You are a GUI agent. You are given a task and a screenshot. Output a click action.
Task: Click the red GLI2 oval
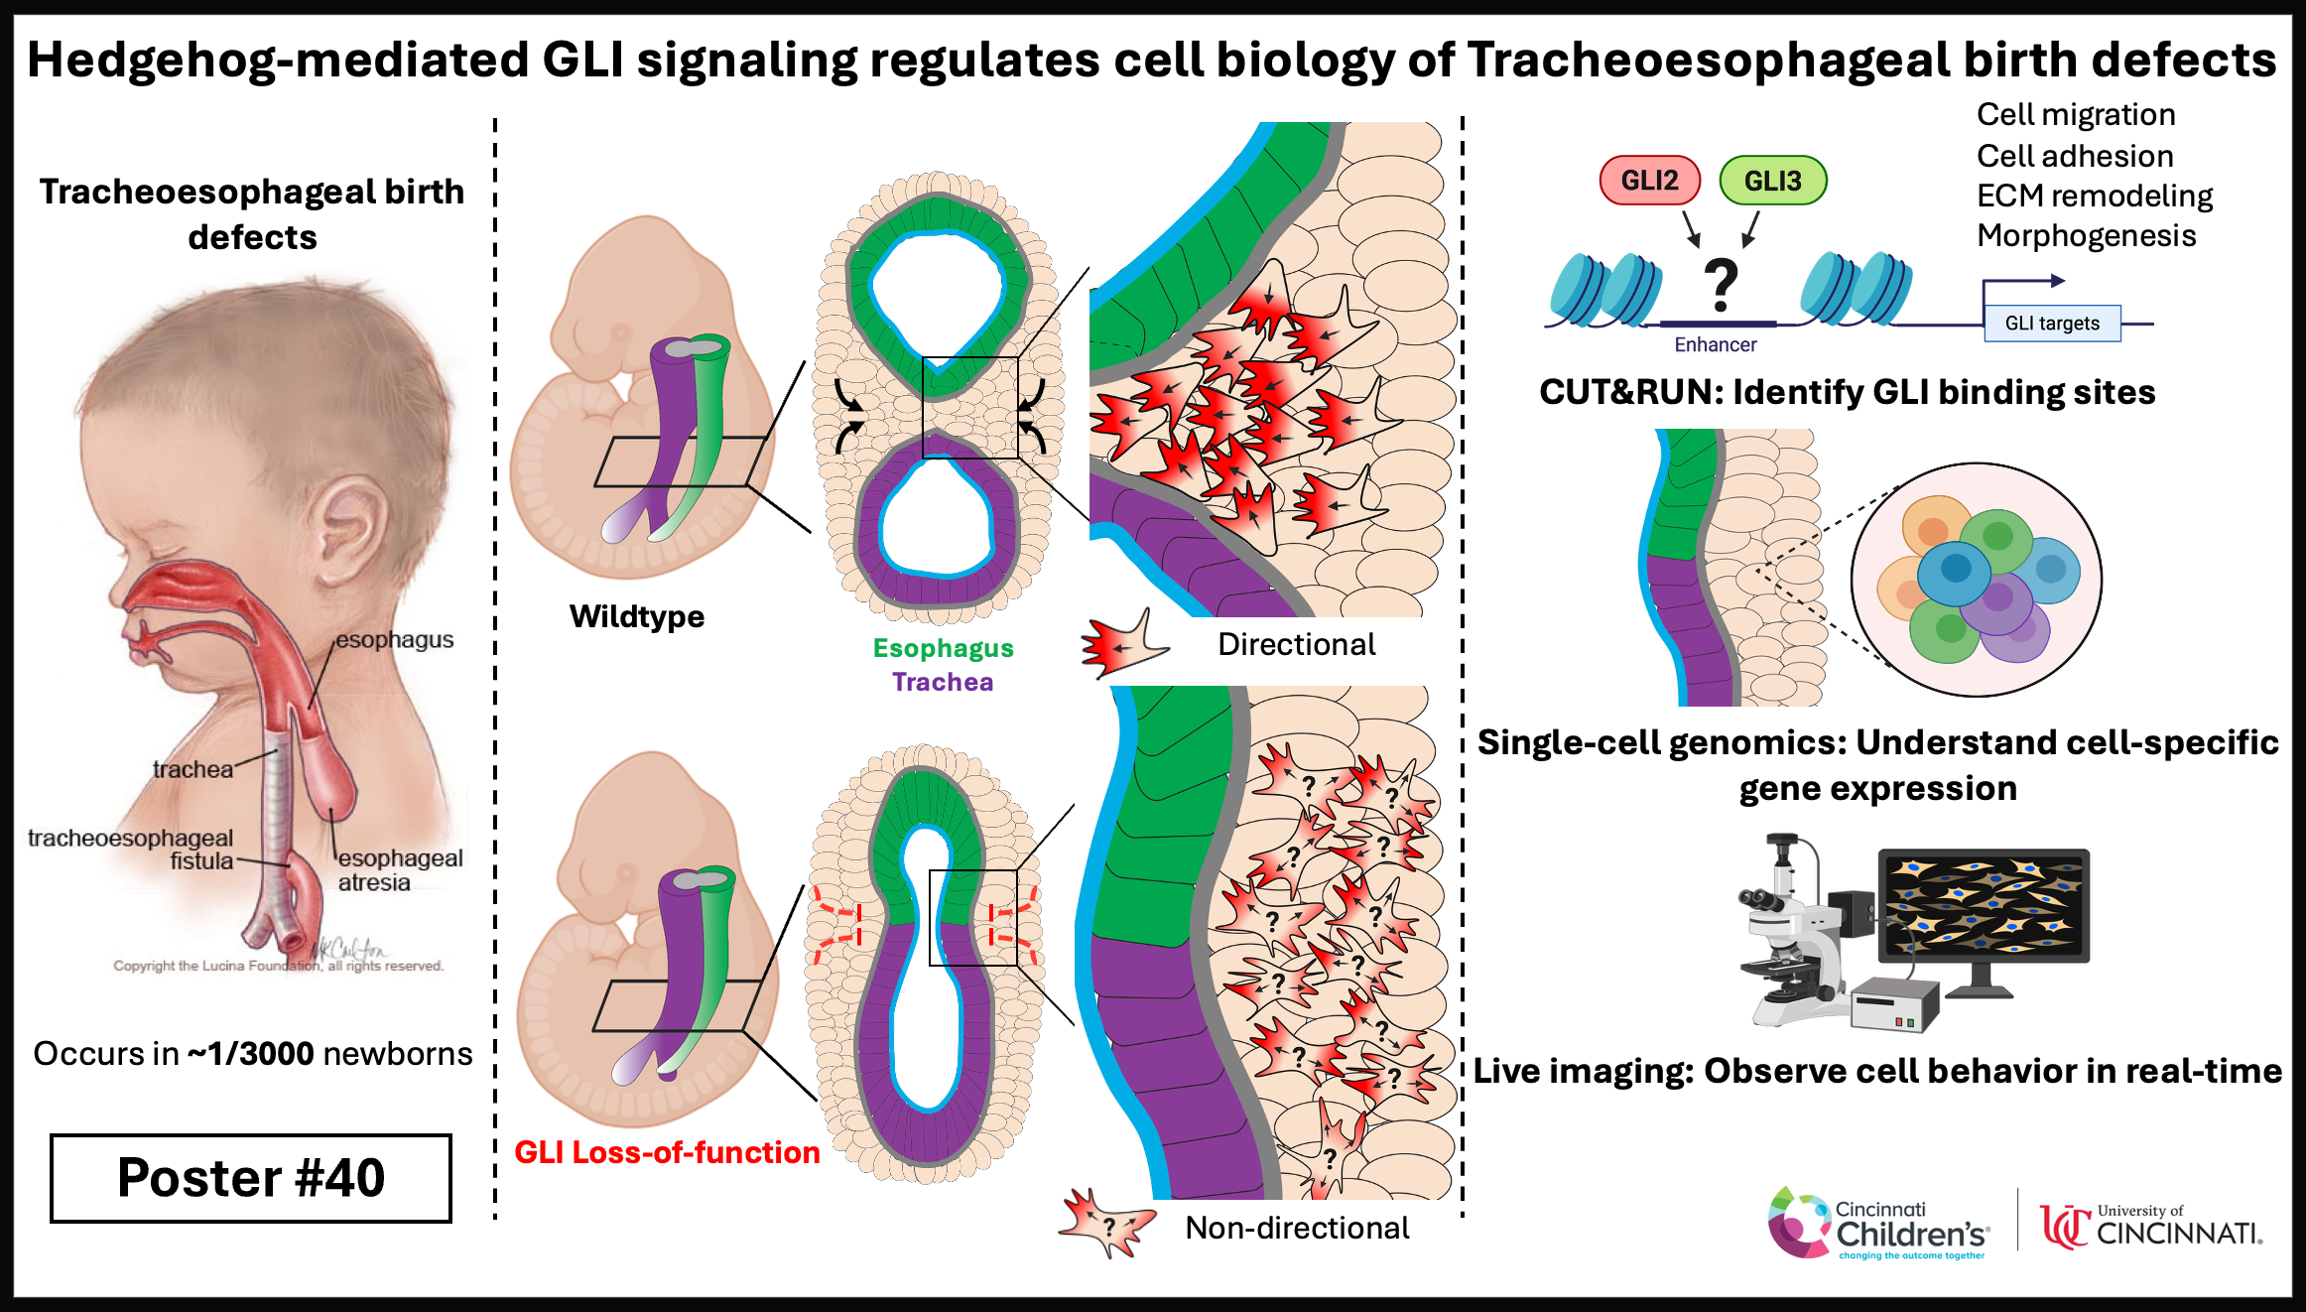[x=1650, y=181]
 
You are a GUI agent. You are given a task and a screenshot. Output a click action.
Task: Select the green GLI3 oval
[x=1772, y=181]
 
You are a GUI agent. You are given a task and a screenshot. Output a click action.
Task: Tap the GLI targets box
[x=2052, y=324]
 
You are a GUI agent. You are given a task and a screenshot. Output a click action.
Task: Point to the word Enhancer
[x=1716, y=344]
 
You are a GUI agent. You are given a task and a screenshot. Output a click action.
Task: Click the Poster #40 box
[x=251, y=1178]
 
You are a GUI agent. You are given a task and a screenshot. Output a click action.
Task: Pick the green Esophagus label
[x=943, y=648]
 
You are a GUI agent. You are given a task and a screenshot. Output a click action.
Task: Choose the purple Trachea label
[x=943, y=682]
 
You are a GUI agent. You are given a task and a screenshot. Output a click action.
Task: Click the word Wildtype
[x=637, y=616]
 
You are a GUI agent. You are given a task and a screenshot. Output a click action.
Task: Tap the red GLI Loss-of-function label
[x=667, y=1152]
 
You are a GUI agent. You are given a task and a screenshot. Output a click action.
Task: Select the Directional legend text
[x=1297, y=644]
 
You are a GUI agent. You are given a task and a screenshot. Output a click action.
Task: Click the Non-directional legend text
[x=1297, y=1228]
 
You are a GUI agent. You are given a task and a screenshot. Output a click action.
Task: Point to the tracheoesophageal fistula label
[x=131, y=850]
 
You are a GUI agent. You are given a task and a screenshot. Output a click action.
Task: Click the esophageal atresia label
[x=400, y=869]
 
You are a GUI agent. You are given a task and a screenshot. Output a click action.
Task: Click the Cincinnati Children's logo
[x=1878, y=1225]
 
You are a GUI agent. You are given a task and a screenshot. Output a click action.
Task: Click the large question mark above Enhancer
[x=1722, y=286]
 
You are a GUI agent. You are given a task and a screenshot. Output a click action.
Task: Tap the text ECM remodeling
[x=2095, y=196]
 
